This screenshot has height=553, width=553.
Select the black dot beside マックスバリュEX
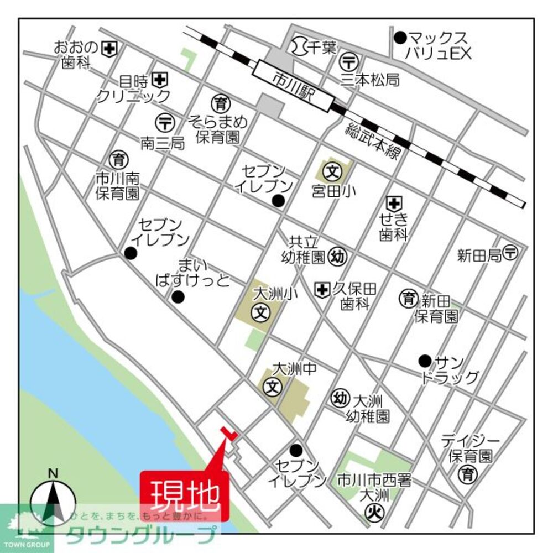coord(400,38)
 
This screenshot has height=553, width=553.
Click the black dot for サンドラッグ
coord(425,361)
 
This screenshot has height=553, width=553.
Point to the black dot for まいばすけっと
coord(178,298)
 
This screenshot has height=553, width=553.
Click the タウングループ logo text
coord(141,535)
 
